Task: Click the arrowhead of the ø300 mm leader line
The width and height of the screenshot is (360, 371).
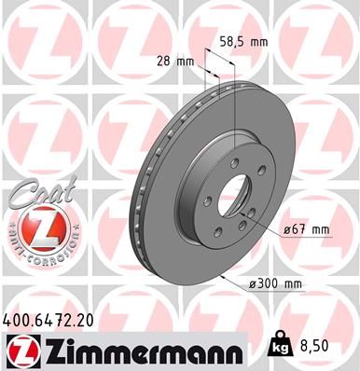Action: tap(223, 278)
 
